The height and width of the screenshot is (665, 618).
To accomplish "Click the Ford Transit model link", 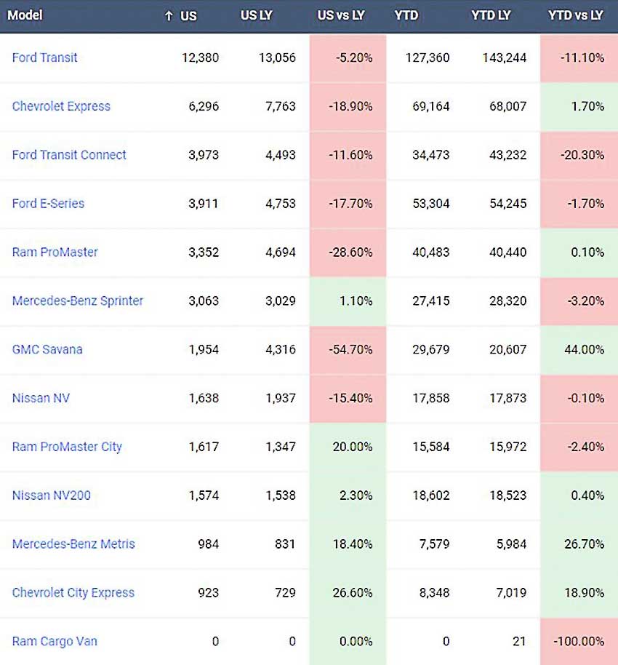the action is tap(44, 57).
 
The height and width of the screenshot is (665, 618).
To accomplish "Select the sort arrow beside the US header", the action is tap(169, 16).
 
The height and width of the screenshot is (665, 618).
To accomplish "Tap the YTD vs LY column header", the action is tap(575, 16).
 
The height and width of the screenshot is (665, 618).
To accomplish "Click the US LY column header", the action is tap(257, 16).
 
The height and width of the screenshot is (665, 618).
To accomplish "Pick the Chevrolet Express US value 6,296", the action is tap(204, 106).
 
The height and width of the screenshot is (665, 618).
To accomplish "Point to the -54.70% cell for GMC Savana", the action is tap(350, 350).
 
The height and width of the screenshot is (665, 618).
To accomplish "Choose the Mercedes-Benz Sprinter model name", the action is tap(78, 301).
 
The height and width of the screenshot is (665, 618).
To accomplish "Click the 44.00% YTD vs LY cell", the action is tap(584, 350).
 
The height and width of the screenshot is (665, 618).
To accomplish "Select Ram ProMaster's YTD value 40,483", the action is tap(430, 252).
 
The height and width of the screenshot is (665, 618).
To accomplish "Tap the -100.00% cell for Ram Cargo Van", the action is tap(579, 642).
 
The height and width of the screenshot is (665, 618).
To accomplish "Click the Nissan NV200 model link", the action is tap(52, 495).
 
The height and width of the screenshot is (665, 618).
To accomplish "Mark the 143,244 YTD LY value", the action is tap(505, 57).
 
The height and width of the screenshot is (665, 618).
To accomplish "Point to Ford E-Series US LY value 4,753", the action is tap(281, 204).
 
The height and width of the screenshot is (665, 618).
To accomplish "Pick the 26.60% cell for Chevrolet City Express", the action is tap(352, 593).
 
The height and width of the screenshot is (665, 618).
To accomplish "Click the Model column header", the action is tap(25, 16).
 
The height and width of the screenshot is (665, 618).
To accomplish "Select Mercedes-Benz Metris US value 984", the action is tap(208, 544).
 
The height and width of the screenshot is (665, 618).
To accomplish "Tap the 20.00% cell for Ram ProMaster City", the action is tap(352, 447).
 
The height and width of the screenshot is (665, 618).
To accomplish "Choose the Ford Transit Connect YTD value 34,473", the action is tap(430, 155).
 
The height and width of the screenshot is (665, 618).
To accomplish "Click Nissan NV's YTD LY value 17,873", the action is tap(507, 399).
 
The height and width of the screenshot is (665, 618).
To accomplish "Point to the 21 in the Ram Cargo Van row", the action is tap(519, 642).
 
